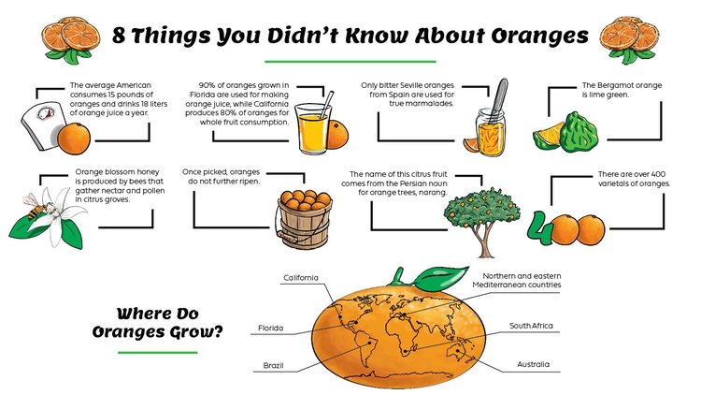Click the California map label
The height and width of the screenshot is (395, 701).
pos(301,278)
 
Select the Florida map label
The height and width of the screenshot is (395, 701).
pos(274,329)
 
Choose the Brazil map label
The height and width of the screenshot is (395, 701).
pos(273,363)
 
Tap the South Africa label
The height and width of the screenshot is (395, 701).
pos(531,326)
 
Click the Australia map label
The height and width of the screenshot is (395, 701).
pos(533,363)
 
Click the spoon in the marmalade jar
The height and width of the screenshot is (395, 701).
pos(499,98)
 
